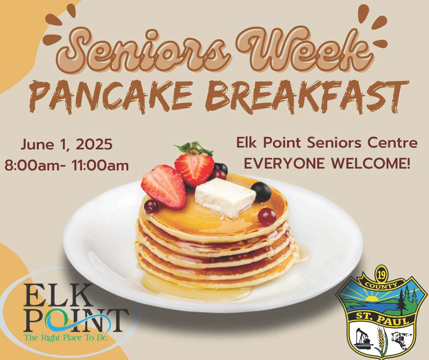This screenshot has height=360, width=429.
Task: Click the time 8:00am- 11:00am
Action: pyautogui.click(x=67, y=166)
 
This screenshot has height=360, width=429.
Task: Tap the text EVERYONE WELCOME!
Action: pyautogui.click(x=327, y=164)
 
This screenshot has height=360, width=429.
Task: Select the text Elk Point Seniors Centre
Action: pyautogui.click(x=327, y=143)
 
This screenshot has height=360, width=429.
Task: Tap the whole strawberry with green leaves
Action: pyautogui.click(x=194, y=164)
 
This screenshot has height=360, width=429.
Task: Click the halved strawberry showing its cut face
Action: pyautogui.click(x=163, y=186)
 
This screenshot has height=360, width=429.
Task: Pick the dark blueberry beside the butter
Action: pyautogui.click(x=262, y=192)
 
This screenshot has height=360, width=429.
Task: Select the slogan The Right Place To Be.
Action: pyautogui.click(x=66, y=337)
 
